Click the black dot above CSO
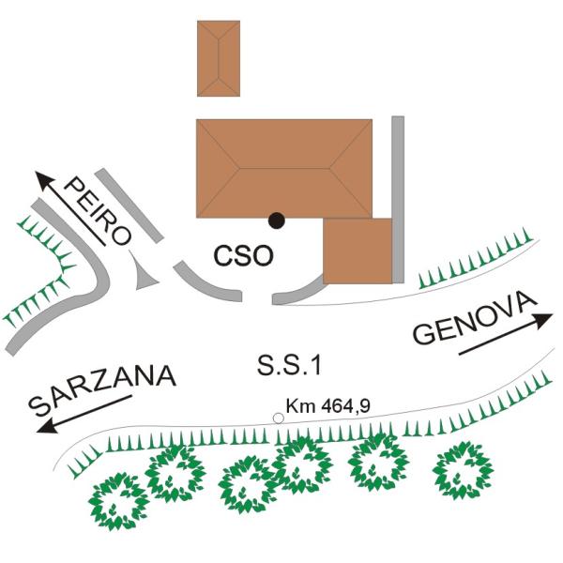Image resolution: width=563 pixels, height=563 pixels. coord(277,221)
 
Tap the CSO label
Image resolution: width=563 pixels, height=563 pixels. coord(243,255)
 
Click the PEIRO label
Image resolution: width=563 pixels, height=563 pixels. coord(98,211)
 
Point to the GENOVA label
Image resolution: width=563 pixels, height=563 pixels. coord(474,317)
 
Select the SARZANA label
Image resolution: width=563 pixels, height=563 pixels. coord(102,389)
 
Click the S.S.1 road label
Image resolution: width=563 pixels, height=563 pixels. coord(289,366)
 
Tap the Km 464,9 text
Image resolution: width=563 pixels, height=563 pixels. coord(327,406)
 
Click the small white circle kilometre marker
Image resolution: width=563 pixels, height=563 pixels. coord(279,418)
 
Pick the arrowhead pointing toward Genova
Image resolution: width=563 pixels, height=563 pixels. coord(543,321)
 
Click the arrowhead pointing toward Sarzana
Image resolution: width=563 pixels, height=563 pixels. coord(46,427)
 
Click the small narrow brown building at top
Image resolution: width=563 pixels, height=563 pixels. coord(219,58)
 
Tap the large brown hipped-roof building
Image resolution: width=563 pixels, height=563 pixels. coord(284,168)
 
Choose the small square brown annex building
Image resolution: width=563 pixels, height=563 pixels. coord(358,251)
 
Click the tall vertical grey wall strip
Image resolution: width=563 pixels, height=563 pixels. coord(398,199)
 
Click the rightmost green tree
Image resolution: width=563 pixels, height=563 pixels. coord(463,470)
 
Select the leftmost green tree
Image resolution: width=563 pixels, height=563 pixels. coord(119,501)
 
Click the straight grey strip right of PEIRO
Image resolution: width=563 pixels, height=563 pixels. coord(129,205)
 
